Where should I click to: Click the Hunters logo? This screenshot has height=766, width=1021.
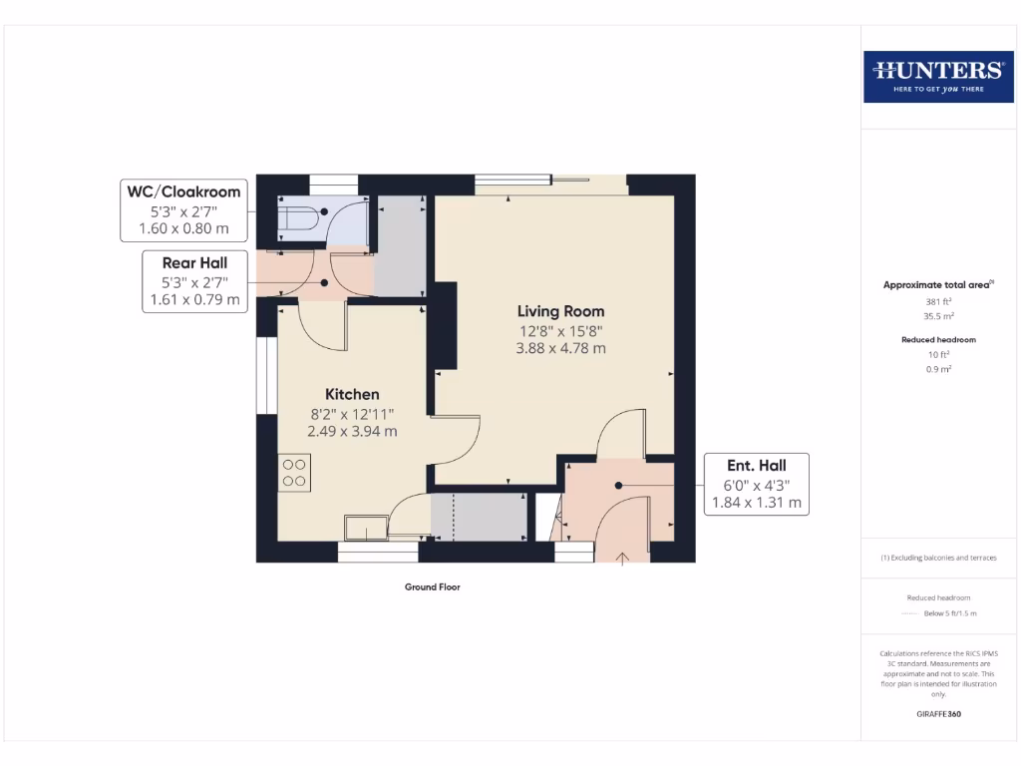pos(937,76)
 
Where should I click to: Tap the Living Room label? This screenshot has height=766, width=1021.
pos(560,311)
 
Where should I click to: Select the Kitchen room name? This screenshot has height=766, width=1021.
pos(352,394)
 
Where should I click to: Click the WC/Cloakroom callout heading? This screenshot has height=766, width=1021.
pos(181,191)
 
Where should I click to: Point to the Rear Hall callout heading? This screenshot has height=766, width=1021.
pos(195,262)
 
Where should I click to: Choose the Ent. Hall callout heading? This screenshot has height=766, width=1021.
pos(756,465)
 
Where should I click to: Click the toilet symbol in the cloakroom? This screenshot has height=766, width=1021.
pos(298,218)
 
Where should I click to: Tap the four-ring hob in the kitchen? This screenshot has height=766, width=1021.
pos(294,472)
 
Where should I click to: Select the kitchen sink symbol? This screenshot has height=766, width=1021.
pos(365,527)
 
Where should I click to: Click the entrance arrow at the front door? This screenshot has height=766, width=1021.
pos(624,559)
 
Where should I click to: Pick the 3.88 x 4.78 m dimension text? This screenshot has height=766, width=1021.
pos(560,349)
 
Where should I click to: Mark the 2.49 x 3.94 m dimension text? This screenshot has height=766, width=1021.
pos(352,432)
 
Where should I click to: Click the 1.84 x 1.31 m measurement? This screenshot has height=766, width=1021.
pos(756,503)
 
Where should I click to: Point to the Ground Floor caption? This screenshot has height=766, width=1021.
pos(432,587)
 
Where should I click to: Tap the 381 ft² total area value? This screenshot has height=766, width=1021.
pos(938,300)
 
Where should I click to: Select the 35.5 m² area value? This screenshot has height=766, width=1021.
pos(938,314)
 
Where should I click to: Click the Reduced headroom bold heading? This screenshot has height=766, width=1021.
pos(938,339)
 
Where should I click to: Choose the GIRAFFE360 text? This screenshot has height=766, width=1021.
pos(938,714)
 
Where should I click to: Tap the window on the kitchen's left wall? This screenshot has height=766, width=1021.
pos(266,375)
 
